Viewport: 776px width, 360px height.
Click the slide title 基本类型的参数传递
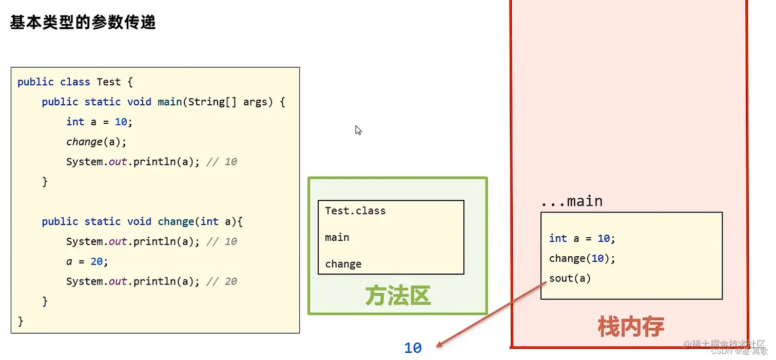pos(83,23)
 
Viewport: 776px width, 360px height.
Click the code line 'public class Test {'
pos(75,82)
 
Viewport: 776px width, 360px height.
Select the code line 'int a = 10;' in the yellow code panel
pos(99,122)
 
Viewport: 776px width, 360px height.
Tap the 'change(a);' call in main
pos(96,142)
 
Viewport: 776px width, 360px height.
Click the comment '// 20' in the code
pos(222,281)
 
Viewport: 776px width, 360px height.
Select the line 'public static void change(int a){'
pos(142,221)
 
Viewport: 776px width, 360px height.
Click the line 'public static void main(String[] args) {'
pos(163,102)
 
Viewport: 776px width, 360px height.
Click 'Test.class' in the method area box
pos(355,211)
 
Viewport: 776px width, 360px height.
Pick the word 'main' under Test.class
pos(337,237)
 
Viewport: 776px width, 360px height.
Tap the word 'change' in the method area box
pos(343,264)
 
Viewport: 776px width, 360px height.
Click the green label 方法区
pos(398,296)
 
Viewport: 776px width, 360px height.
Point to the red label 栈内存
pos(631,327)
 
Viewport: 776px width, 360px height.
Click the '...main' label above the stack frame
pos(572,201)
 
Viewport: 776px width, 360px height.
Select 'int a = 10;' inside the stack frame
pos(582,238)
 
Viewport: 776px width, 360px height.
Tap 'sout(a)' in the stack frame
pos(570,278)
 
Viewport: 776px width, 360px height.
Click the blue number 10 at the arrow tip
pos(413,348)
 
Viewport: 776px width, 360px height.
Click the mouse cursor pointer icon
pos(358,130)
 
